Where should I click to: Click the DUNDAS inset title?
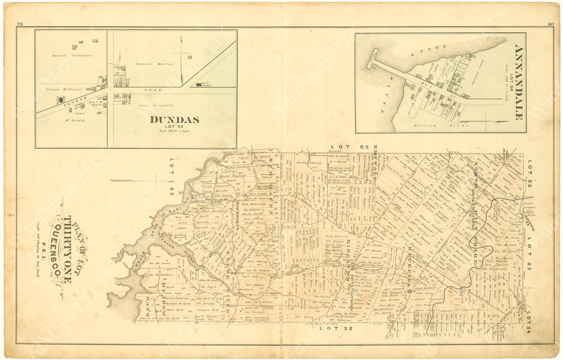point(174,119)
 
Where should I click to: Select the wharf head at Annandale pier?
point(372,58)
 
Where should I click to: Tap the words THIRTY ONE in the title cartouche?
point(68,249)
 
